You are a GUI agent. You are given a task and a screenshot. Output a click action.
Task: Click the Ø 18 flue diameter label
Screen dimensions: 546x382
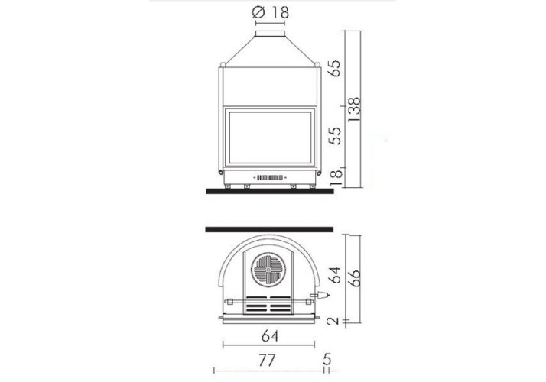click(270, 12)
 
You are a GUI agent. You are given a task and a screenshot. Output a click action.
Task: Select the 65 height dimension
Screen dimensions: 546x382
click(336, 68)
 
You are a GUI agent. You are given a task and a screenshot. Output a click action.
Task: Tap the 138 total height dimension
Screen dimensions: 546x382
click(354, 109)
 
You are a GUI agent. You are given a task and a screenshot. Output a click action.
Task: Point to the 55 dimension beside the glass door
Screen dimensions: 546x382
click(336, 135)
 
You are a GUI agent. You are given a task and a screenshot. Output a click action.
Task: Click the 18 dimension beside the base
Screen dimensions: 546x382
click(336, 177)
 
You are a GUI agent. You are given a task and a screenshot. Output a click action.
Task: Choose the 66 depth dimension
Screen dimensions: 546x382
click(354, 278)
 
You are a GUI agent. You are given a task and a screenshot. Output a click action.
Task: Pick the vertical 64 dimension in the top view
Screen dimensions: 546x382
click(335, 275)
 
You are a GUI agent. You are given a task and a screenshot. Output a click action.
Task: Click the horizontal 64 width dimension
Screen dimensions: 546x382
click(270, 336)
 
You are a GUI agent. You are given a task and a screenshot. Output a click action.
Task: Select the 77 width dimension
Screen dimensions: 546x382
click(267, 361)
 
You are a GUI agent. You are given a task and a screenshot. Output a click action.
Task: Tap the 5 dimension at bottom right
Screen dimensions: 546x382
click(327, 359)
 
